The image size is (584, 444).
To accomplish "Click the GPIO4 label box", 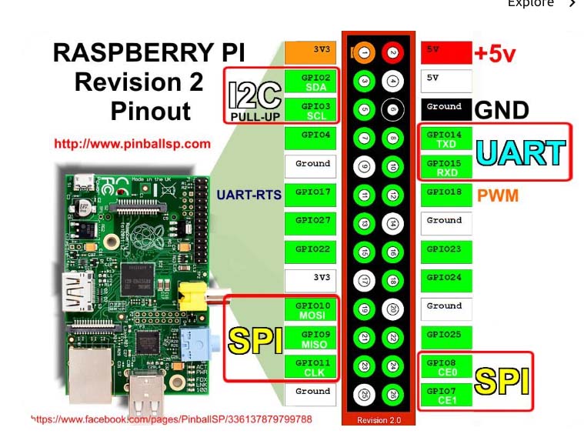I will [x=311, y=137].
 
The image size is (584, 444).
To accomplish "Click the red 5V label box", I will [x=446, y=52].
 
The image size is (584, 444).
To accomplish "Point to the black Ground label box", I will [x=446, y=108].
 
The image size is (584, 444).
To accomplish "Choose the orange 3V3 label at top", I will [x=311, y=52].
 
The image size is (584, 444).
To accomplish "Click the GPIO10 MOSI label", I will [x=311, y=310].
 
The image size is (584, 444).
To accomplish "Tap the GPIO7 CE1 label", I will [x=446, y=396].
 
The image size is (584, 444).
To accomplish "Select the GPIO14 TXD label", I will [x=446, y=139].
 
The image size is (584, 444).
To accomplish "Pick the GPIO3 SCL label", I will [x=311, y=110].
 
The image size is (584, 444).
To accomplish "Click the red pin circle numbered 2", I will [x=392, y=52].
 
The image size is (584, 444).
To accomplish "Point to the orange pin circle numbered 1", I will [x=365, y=52].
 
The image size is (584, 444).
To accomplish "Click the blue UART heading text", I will [x=521, y=152].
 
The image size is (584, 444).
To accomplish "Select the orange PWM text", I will [x=498, y=195].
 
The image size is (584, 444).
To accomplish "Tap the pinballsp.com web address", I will [x=132, y=143].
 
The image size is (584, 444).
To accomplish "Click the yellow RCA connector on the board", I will [x=189, y=293].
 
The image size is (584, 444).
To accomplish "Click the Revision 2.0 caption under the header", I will [x=379, y=420].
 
